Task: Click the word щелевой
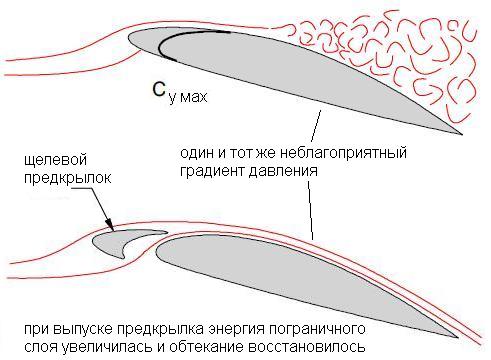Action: tap(55, 160)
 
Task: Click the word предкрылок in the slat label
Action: tap(68, 178)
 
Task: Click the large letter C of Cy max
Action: tap(159, 89)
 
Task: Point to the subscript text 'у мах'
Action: tap(188, 98)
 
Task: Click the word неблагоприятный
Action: tap(343, 154)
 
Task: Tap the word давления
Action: tap(283, 172)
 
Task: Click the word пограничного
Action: tap(317, 329)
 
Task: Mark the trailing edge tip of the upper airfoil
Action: tap(462, 134)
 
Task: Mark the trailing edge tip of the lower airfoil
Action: tap(457, 337)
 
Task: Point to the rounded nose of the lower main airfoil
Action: tap(157, 252)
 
